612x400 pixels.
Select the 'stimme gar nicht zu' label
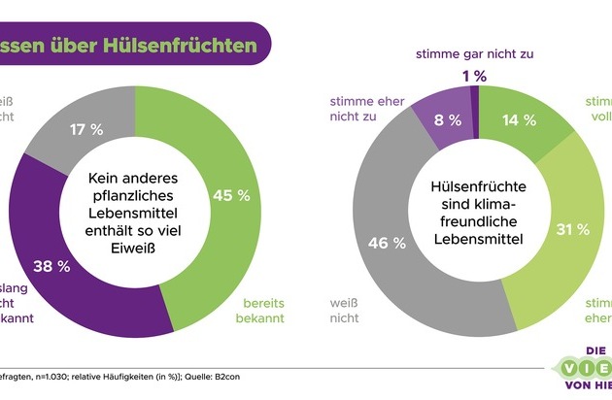pyautogui.click(x=473, y=53)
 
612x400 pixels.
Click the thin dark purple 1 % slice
pyautogui.click(x=474, y=97)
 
